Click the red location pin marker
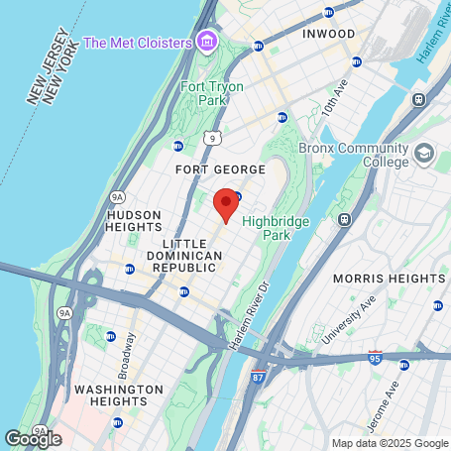click(x=225, y=204)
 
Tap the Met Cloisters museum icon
click(x=206, y=42)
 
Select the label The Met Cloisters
click(x=137, y=42)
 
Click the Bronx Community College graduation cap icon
click(x=425, y=154)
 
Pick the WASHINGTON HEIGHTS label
click(x=118, y=395)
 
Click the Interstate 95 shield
click(x=375, y=356)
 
